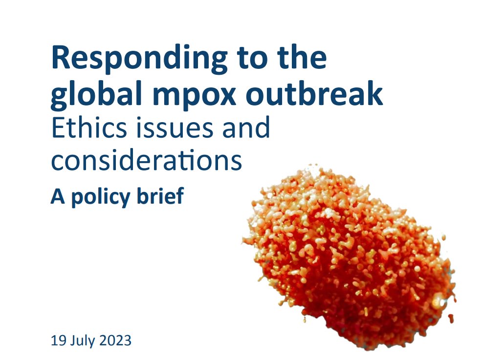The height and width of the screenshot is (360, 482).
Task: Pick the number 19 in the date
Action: coord(58,340)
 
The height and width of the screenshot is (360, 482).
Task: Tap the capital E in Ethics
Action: coord(58,128)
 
